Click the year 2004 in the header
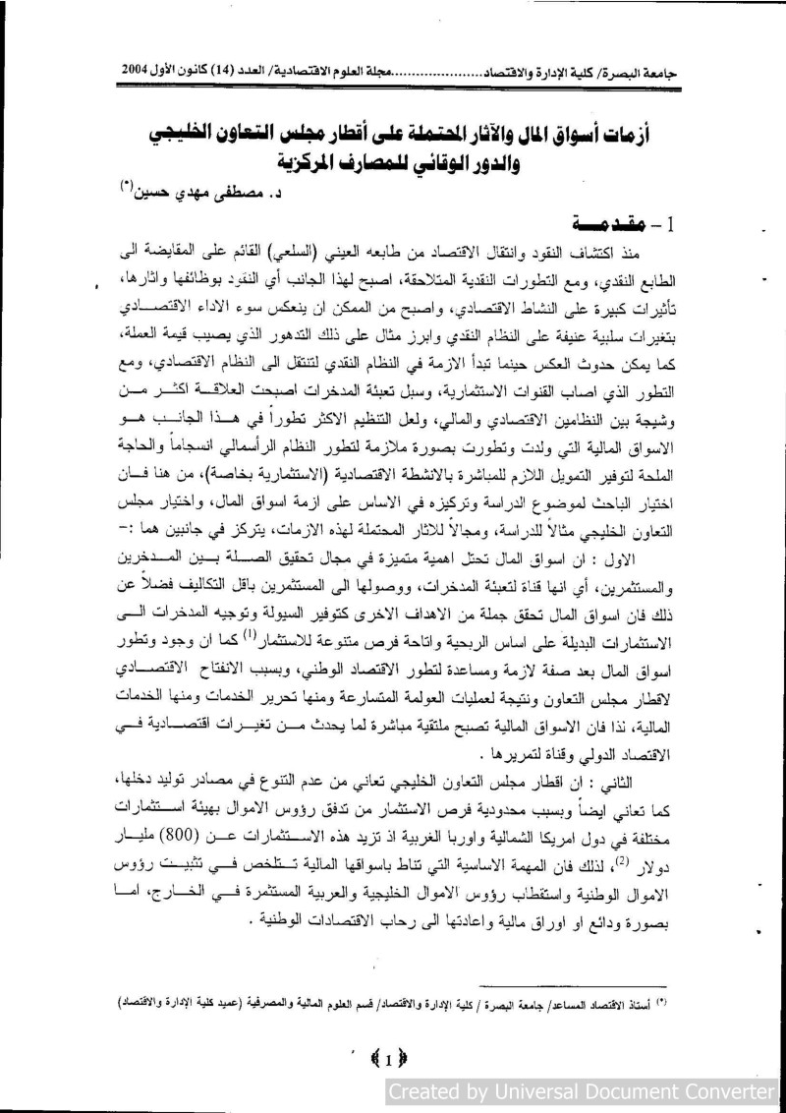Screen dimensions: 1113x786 click(139, 73)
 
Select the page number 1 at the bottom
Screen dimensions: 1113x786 click(389, 1059)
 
